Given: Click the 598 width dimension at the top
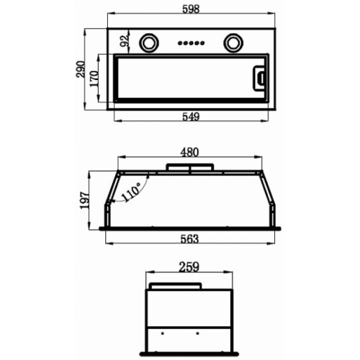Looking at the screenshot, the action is point(191,9).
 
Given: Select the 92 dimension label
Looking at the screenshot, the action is point(125,41).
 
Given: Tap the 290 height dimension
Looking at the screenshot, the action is point(81,69).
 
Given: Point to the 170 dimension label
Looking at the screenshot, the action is point(94,78).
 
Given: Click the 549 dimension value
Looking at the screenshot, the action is point(191,117).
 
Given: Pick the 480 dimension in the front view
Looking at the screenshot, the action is point(189,153).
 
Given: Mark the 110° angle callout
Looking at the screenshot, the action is point(131,192).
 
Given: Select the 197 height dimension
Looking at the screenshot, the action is point(84,200).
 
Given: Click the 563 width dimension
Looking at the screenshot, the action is point(189,239).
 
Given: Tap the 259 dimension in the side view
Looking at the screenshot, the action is point(189,267).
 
